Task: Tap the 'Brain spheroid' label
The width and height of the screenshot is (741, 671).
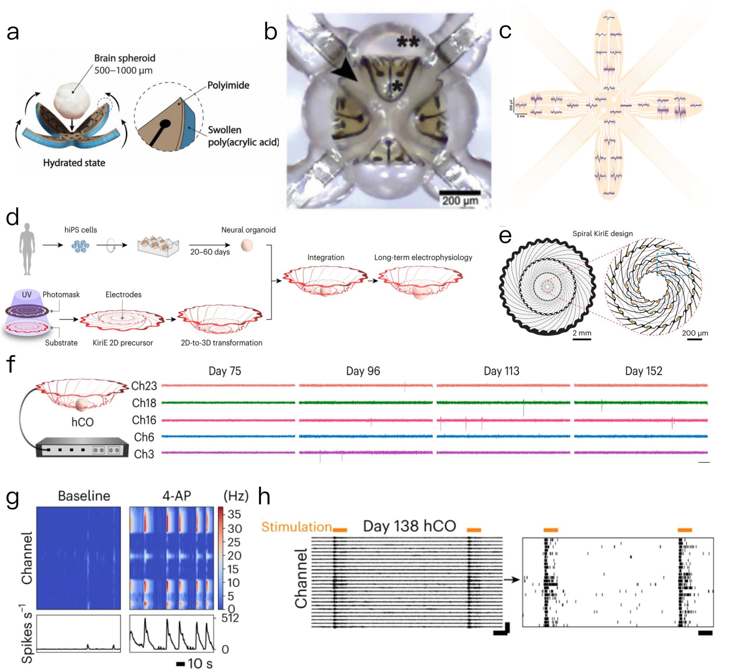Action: click(125, 58)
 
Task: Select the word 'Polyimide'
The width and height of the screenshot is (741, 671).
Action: click(228, 85)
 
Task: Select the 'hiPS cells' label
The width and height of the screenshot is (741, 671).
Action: click(81, 230)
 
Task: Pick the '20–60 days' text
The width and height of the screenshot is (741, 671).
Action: click(210, 252)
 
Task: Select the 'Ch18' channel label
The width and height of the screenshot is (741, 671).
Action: click(144, 403)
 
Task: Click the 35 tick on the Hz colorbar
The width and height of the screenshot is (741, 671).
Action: click(234, 514)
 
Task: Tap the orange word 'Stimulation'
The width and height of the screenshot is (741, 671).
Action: click(296, 527)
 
